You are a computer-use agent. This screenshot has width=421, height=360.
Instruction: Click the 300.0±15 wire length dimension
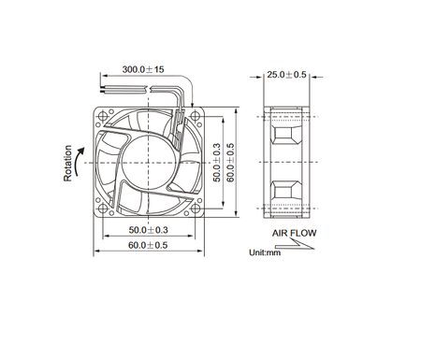[144, 69]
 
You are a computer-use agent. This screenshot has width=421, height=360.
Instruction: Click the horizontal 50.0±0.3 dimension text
[148, 229]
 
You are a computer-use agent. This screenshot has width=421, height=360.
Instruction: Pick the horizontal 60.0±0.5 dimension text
[148, 246]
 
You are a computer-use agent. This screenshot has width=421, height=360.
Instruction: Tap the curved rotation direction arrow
[80, 159]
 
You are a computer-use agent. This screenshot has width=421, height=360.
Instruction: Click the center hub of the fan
[148, 160]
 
